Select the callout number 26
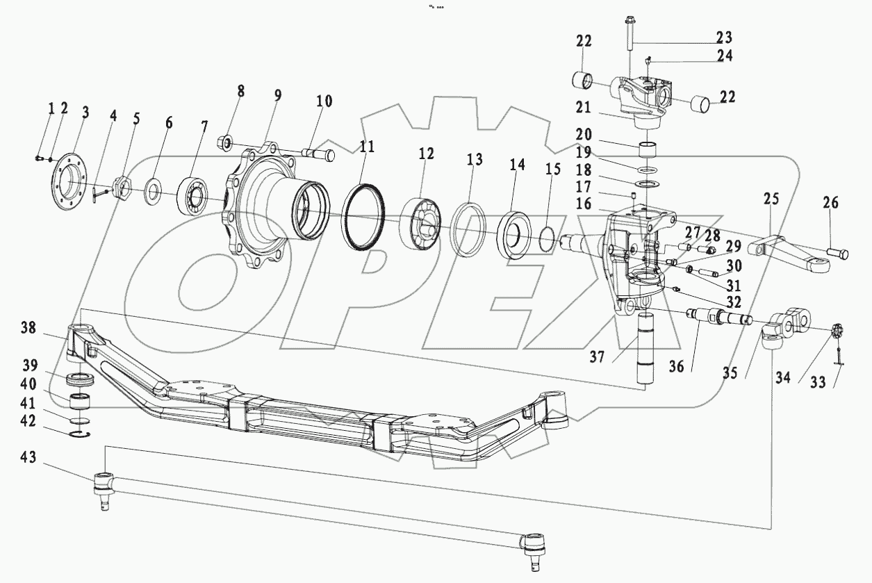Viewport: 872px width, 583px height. tap(830, 203)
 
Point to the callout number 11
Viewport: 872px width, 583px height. tap(366, 147)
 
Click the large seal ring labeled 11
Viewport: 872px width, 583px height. tap(363, 216)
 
